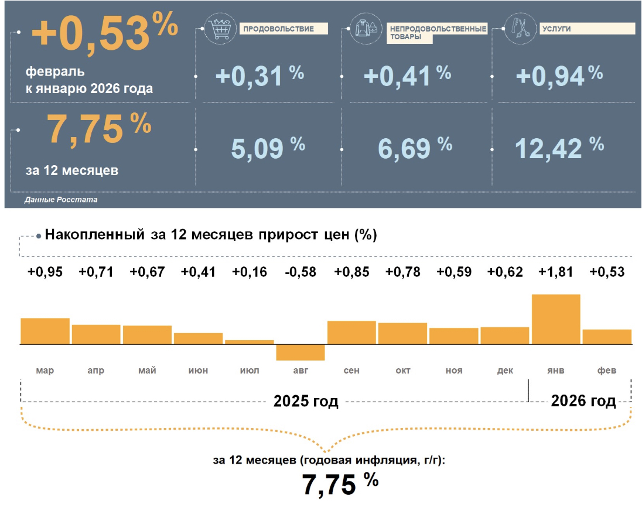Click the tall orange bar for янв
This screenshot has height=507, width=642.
click(556, 319)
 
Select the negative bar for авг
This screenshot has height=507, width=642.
click(300, 352)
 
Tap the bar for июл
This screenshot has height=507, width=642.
click(249, 342)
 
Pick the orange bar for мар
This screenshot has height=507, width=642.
click(45, 331)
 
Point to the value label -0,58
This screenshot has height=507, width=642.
click(300, 272)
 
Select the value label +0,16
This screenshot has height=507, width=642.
click(249, 272)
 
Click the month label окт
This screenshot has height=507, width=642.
click(402, 371)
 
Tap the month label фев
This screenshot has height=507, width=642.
click(607, 371)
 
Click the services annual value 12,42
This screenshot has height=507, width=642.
click(548, 148)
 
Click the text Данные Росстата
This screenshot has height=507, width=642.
click(61, 200)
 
